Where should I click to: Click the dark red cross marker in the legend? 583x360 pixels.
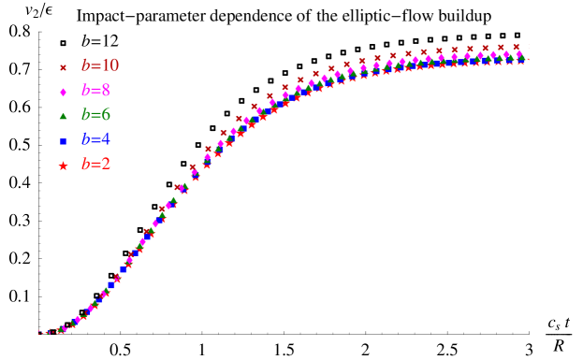tap(64, 67)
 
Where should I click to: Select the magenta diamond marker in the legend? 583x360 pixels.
tap(64, 92)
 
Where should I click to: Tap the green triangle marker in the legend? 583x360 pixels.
tap(64, 116)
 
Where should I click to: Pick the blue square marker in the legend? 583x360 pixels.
tap(64, 140)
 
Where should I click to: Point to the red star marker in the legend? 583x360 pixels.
tap(64, 166)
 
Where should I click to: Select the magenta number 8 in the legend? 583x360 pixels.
tap(105, 91)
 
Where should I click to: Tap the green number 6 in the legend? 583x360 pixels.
tap(105, 115)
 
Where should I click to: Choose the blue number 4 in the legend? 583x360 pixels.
tap(105, 139)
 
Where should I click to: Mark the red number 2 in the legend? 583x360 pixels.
tap(105, 164)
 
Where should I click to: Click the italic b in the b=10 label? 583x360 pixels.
tap(86, 65)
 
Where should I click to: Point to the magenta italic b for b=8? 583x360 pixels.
tap(86, 90)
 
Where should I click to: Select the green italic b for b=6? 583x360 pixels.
tap(86, 114)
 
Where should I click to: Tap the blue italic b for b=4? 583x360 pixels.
tap(86, 138)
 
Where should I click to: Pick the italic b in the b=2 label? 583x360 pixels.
tap(86, 163)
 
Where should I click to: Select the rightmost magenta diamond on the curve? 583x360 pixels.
tap(519, 54)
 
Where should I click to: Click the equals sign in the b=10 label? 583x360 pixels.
tap(95, 66)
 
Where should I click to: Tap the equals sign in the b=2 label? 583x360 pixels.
tap(95, 164)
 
